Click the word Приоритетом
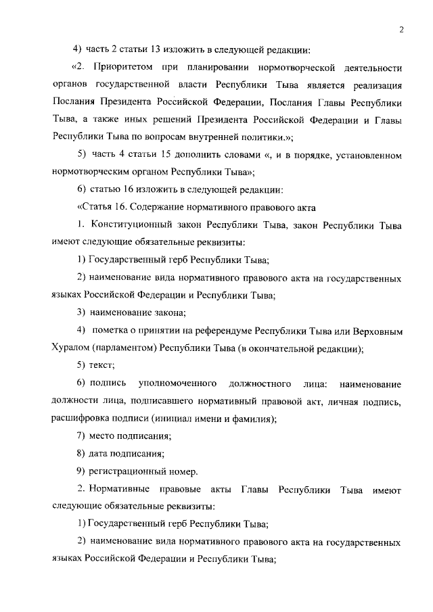[x=124, y=68]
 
